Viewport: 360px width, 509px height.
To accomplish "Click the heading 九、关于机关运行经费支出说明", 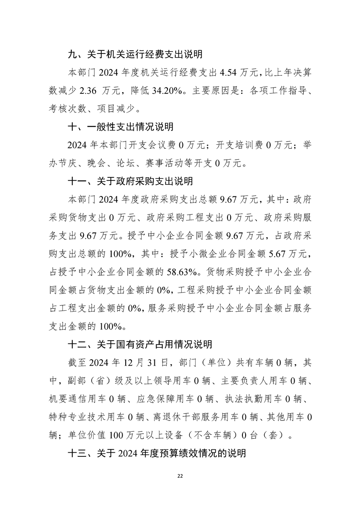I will pos(135,54).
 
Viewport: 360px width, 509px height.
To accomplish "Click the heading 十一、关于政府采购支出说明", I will pos(130,181).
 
